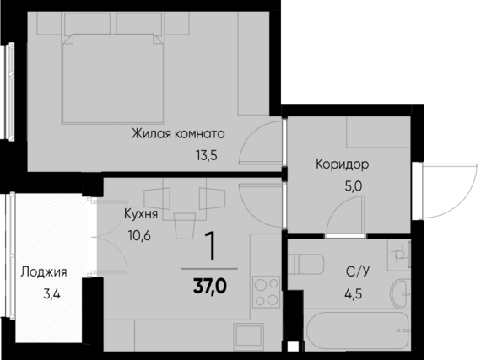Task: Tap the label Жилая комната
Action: point(177,133)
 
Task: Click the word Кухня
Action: point(140,214)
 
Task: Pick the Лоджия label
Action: point(44,272)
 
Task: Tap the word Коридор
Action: point(342,164)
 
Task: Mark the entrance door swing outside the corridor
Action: point(442,190)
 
